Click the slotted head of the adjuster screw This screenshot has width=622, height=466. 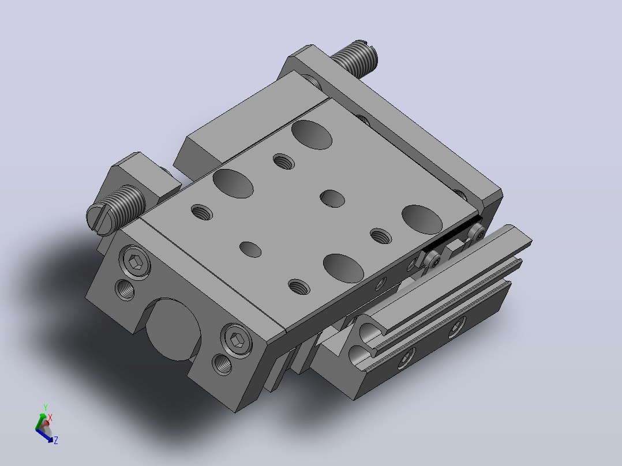coord(98,218)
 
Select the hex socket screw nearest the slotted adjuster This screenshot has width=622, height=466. coord(136,262)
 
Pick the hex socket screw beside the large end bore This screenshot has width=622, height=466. coord(237,341)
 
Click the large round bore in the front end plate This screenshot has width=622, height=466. coord(173,330)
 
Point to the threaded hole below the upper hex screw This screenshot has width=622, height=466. coord(125,290)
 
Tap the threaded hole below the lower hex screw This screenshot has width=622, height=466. coord(222,364)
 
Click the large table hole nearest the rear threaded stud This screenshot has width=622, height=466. coord(312,135)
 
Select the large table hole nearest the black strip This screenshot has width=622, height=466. coord(422,220)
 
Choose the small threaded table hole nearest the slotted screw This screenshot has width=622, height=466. coord(202,212)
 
